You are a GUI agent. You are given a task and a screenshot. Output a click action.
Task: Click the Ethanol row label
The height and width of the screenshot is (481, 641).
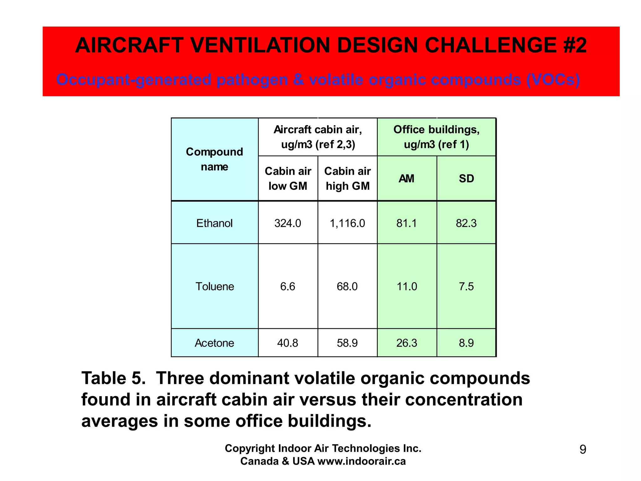(x=214, y=223)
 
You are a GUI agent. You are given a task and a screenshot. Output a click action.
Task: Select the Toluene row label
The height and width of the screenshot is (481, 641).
(x=215, y=287)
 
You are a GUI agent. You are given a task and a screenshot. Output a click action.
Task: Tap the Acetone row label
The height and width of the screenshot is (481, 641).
(x=214, y=343)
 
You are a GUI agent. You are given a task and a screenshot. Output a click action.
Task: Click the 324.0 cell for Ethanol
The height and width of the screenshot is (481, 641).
(x=288, y=223)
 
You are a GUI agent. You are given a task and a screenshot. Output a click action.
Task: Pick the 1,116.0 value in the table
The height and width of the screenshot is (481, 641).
(x=347, y=223)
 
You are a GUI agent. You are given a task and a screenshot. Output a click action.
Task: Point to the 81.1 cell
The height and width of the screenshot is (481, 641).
(x=407, y=223)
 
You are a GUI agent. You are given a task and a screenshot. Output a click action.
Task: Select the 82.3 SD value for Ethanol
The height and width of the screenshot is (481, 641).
(x=466, y=223)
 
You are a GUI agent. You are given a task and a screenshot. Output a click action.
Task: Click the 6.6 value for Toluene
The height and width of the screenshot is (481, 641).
(x=288, y=287)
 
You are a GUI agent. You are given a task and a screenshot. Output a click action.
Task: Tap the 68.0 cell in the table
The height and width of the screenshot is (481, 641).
(x=347, y=287)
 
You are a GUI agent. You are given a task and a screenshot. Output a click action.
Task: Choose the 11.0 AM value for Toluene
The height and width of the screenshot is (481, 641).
(x=407, y=287)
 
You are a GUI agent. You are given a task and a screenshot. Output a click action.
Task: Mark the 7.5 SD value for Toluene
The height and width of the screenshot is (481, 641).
(x=466, y=287)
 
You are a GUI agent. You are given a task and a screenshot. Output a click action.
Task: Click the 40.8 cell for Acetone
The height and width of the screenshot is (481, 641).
(x=288, y=343)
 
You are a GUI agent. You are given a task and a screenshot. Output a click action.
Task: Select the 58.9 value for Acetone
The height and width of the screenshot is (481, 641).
(x=347, y=343)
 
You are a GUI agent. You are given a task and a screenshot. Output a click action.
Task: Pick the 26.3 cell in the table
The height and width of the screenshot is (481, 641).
(x=407, y=343)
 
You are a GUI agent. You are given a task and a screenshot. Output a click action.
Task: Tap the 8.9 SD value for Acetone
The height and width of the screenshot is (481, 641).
(x=466, y=343)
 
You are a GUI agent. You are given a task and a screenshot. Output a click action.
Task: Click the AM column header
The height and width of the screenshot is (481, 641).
(x=407, y=178)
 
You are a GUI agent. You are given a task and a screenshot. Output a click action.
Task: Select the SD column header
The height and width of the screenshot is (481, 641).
(x=466, y=178)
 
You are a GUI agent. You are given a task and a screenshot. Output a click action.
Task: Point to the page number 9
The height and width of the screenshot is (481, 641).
(x=583, y=449)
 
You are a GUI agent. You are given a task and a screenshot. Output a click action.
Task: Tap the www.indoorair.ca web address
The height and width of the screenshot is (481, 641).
(x=362, y=461)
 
